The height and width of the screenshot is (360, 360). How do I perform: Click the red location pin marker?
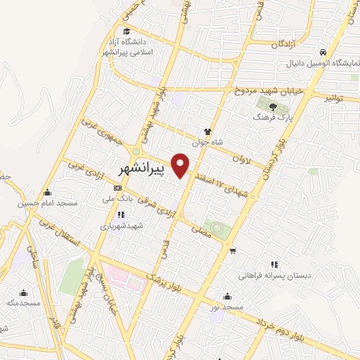coord(181,165)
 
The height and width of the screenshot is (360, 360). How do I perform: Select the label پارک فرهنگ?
coord(272,118)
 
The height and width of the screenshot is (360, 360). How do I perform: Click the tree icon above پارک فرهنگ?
coord(273,107)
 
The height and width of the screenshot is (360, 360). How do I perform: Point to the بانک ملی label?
coord(118,199)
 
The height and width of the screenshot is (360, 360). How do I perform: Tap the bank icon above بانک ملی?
coord(117,188)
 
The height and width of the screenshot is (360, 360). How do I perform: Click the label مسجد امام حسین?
coord(46,203)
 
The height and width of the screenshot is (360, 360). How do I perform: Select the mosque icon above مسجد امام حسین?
coord(46,193)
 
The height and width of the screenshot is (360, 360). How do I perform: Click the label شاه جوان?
coord(207,141)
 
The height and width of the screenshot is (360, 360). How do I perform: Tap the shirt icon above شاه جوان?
coord(207,131)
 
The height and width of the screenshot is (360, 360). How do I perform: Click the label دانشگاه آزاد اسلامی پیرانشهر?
coord(126,45)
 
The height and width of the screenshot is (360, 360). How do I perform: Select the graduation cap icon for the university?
coord(126,31)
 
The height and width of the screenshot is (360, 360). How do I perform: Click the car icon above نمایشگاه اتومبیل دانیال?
coord(321,53)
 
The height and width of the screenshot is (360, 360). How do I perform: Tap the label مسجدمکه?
coord(22,302)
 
